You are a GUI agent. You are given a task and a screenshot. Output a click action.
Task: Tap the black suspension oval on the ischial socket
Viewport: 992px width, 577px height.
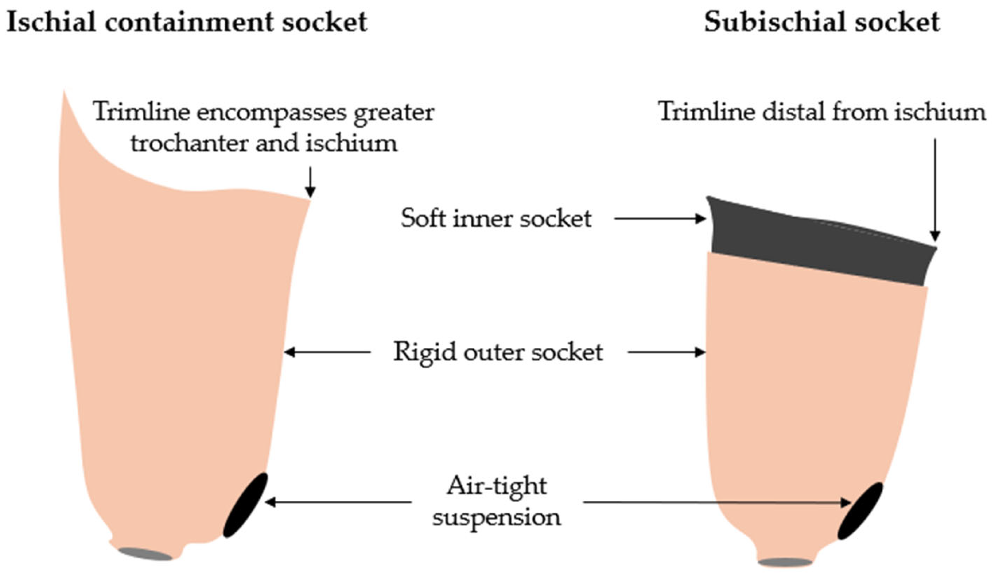pyautogui.click(x=246, y=505)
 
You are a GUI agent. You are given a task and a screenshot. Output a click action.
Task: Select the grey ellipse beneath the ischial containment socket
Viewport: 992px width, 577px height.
pyautogui.click(x=145, y=554)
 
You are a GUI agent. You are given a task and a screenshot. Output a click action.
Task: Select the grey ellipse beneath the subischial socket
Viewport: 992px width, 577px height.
pyautogui.click(x=785, y=562)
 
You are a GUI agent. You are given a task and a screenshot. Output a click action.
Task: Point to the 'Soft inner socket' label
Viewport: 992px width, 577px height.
pyautogui.click(x=496, y=218)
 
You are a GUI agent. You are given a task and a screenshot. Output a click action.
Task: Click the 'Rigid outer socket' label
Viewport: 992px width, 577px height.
pyautogui.click(x=498, y=352)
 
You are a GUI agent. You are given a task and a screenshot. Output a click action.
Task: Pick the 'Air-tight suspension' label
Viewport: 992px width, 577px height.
pyautogui.click(x=497, y=501)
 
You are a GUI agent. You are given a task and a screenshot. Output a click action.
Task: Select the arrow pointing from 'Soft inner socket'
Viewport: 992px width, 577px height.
pyautogui.click(x=659, y=219)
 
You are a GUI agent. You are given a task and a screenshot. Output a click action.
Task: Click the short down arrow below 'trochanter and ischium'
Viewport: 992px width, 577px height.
pyautogui.click(x=310, y=182)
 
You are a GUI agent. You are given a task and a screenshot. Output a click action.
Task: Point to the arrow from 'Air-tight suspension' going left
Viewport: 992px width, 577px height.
pyautogui.click(x=338, y=502)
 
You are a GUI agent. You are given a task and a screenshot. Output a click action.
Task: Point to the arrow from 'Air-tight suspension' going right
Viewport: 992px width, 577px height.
pyautogui.click(x=717, y=503)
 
